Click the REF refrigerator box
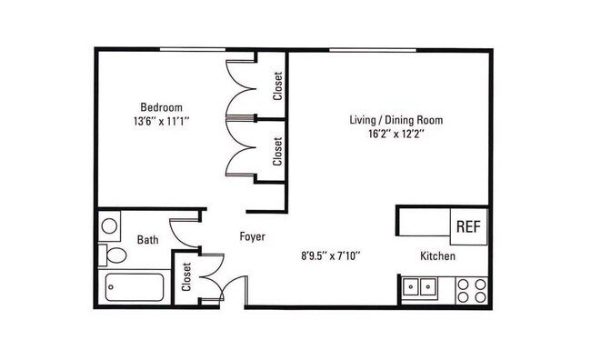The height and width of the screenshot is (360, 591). [469, 226]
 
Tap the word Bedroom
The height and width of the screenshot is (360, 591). [161, 107]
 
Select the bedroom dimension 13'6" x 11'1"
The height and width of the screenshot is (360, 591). [161, 122]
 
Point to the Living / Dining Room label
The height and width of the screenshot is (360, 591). [396, 120]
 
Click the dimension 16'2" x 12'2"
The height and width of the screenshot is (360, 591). [396, 135]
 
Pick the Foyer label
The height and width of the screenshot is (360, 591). [253, 236]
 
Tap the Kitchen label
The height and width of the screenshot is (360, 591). [437, 256]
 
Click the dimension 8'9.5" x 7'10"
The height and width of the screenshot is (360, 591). [331, 256]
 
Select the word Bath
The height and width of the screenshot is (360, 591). [147, 240]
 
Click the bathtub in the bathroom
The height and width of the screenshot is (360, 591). [135, 287]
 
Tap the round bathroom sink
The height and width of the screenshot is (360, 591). [109, 226]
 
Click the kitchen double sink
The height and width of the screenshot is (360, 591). [419, 287]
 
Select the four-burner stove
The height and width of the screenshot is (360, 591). [472, 290]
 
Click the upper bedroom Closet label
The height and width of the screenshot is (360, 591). [278, 86]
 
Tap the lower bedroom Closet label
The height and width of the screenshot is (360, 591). [278, 151]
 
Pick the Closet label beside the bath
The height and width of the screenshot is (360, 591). [186, 277]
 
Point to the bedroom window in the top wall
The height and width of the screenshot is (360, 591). [193, 49]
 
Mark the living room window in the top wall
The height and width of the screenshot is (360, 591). [373, 50]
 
